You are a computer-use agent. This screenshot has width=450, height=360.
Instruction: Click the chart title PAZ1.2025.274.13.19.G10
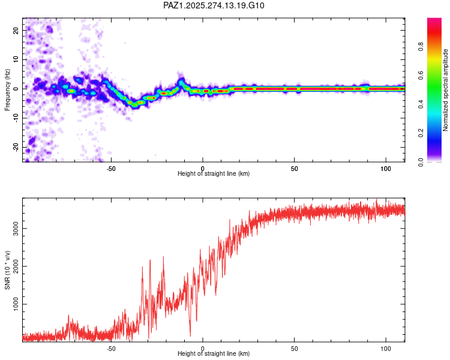click(214, 5)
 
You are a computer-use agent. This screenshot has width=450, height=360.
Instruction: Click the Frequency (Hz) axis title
click(8, 89)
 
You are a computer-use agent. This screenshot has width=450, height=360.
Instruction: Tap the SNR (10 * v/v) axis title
click(8, 269)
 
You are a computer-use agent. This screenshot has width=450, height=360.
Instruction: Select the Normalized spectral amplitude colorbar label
click(446, 89)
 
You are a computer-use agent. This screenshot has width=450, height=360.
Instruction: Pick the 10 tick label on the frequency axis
click(17, 59)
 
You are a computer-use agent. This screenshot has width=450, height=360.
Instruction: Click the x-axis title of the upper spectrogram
click(214, 174)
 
